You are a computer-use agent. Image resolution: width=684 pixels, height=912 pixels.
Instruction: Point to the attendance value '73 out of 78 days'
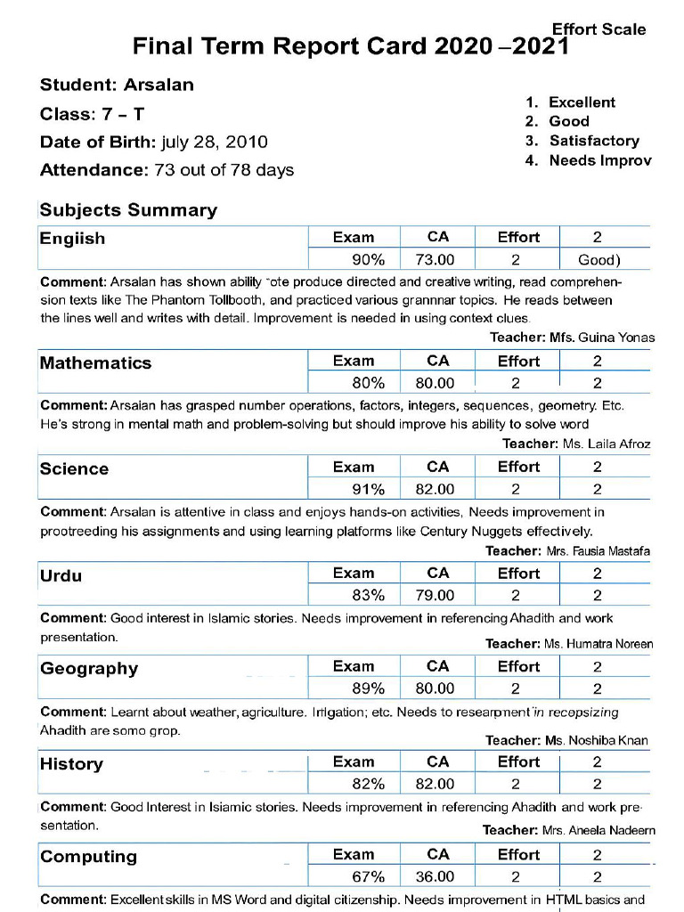pos(224,170)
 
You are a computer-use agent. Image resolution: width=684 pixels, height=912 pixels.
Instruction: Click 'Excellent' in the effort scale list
pos(582,102)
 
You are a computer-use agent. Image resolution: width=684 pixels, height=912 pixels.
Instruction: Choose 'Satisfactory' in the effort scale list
pos(594,141)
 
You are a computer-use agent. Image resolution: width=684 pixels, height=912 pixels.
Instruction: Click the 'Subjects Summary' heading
pos(128,210)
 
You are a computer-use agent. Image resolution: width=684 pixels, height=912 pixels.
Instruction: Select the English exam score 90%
pos(368,260)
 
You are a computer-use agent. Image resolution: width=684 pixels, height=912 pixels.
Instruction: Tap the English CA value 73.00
pos(435,260)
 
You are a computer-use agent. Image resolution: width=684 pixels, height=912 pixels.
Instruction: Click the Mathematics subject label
pos(95,362)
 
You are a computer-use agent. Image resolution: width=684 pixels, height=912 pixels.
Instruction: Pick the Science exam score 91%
pos(368,489)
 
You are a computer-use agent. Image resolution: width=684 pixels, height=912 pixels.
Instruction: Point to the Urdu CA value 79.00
pos(435,595)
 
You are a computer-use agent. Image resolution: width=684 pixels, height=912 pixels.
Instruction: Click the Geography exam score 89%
pos(368,688)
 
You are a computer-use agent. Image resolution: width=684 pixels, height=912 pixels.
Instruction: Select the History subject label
pos(71,764)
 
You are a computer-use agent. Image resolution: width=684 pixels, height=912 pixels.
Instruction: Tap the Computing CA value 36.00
pos(435,876)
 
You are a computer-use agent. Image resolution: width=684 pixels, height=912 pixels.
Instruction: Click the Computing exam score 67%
pos(368,876)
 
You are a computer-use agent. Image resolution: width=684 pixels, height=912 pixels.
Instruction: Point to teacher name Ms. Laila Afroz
pos(606,444)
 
